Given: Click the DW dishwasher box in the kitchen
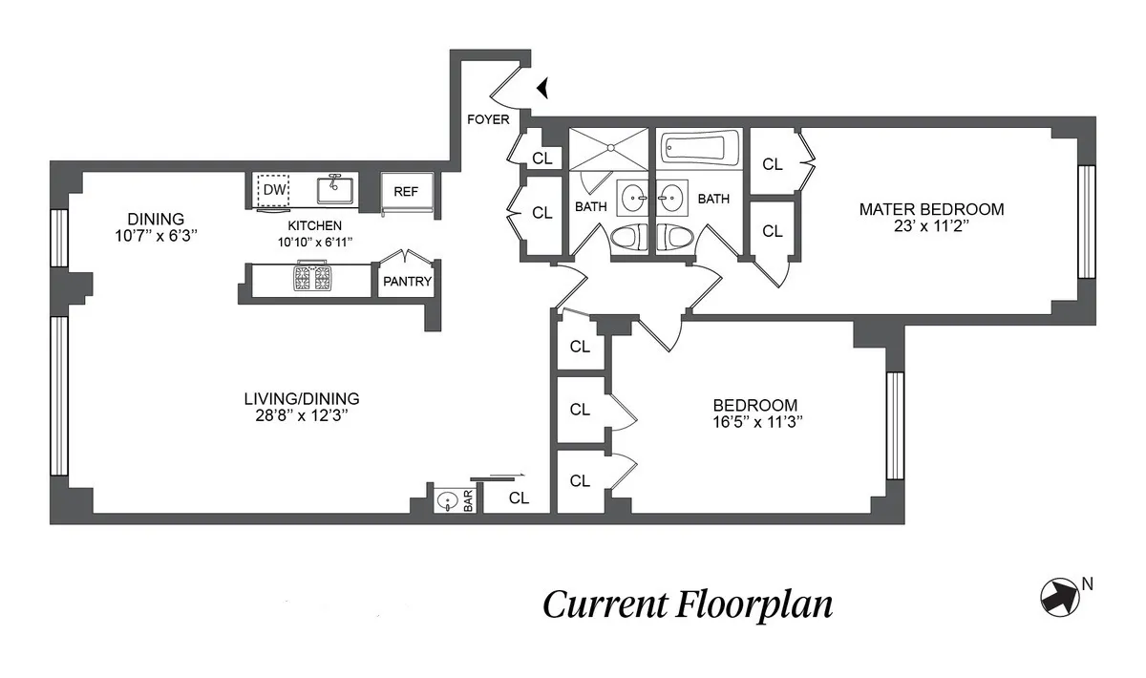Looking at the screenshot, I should pyautogui.click(x=274, y=190).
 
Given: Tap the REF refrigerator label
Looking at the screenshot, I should pyautogui.click(x=406, y=191).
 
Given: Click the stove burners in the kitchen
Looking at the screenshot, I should pyautogui.click(x=312, y=279).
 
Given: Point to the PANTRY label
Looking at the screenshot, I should pyautogui.click(x=407, y=282).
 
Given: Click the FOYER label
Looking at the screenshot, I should pyautogui.click(x=487, y=119).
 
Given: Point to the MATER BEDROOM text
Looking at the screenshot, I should pyautogui.click(x=931, y=209).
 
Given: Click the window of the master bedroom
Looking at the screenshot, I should pyautogui.click(x=1086, y=221).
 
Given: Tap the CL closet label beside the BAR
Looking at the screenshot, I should pyautogui.click(x=519, y=498).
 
